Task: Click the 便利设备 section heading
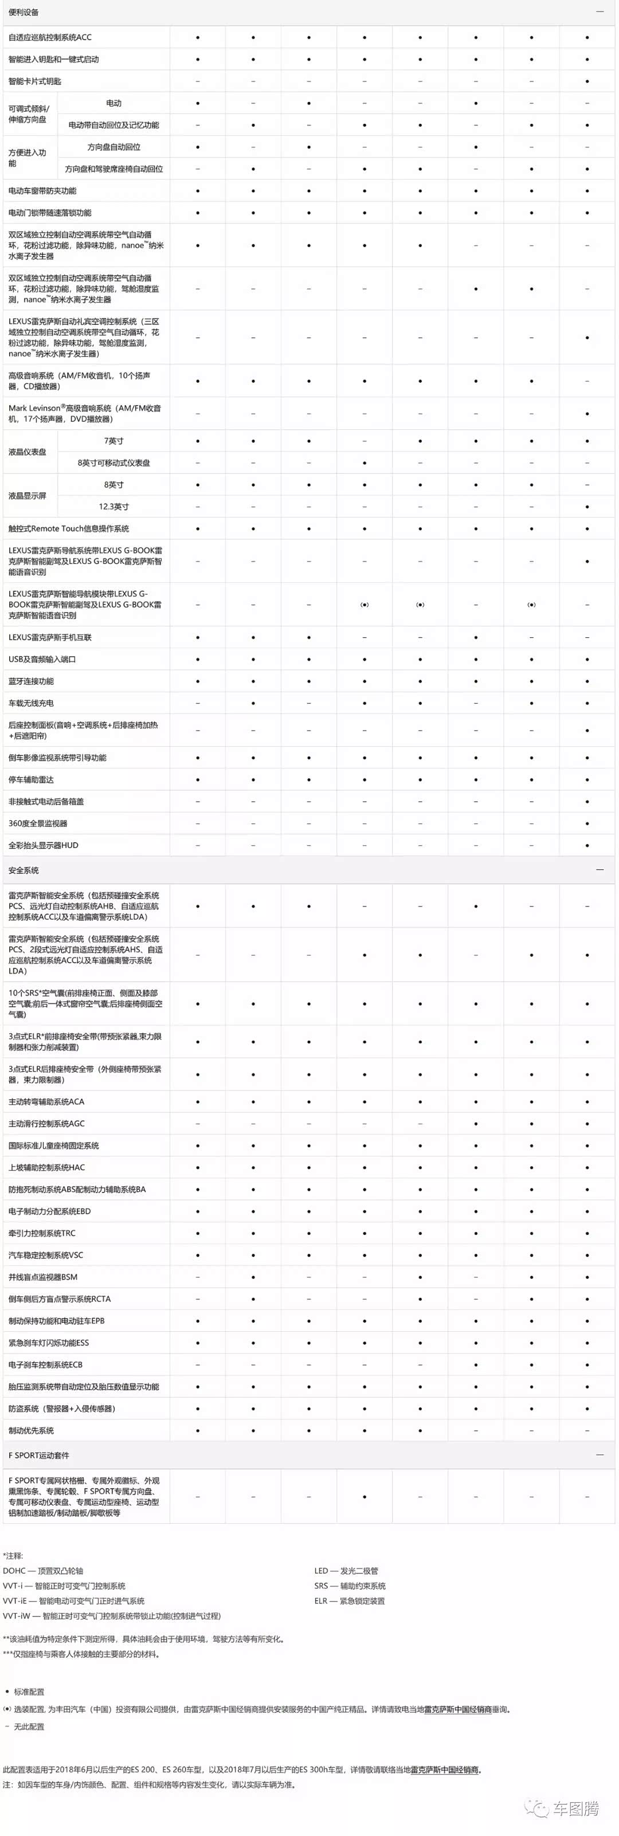click(23, 12)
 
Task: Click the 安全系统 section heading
click(23, 870)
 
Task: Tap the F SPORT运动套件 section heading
click(38, 1456)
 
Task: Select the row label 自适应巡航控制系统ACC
click(50, 37)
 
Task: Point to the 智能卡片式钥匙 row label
click(35, 81)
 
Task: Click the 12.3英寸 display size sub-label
click(113, 507)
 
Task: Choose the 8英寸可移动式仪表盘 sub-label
click(113, 463)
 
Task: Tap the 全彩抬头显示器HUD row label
click(44, 845)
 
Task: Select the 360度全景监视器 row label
click(38, 823)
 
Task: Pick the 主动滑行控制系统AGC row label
click(46, 1124)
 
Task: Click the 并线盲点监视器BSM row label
click(43, 1277)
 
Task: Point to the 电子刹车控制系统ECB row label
click(46, 1365)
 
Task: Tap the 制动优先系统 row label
click(31, 1430)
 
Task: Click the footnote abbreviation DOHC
click(14, 1571)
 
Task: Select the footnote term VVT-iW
click(17, 1616)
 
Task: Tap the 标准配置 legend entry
click(29, 1692)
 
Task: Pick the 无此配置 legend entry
click(29, 1726)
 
